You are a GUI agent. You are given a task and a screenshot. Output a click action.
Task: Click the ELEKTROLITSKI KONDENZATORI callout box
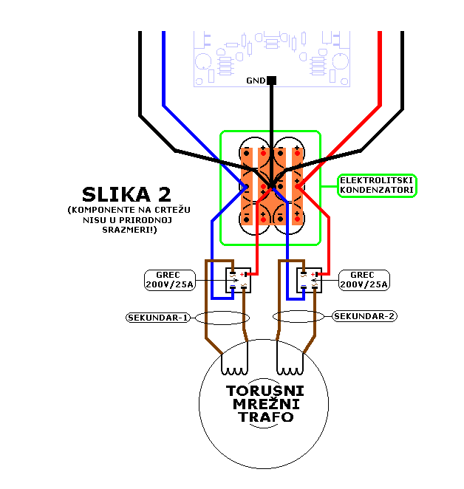click(x=377, y=185)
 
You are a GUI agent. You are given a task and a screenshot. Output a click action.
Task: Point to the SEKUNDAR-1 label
click(x=157, y=317)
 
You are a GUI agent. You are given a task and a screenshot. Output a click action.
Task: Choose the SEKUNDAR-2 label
click(x=365, y=316)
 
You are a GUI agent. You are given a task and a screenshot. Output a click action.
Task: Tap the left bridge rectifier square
click(x=238, y=281)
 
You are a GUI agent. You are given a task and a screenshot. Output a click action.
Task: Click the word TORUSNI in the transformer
click(x=265, y=390)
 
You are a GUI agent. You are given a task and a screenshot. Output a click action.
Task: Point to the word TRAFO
click(x=265, y=417)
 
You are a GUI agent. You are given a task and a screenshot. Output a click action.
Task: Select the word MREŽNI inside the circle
click(x=265, y=404)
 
